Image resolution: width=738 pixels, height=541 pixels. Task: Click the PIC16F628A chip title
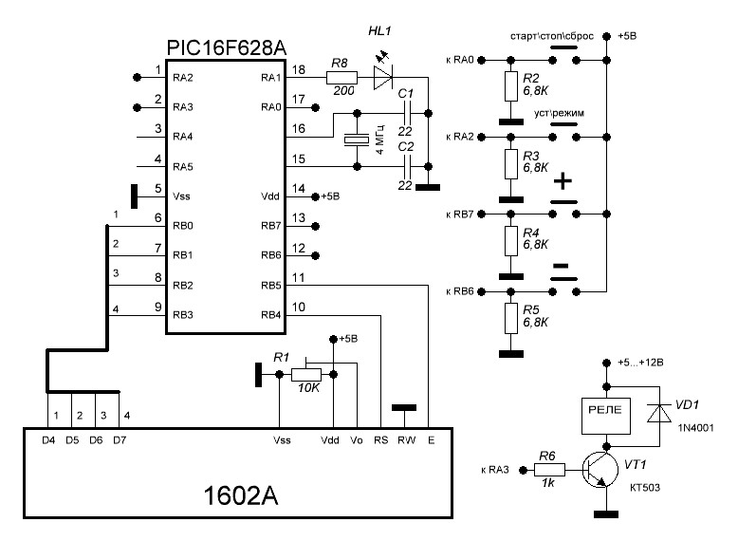(228, 47)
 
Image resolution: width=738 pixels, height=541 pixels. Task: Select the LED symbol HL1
(382, 78)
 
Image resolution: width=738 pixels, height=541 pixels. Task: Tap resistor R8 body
(339, 78)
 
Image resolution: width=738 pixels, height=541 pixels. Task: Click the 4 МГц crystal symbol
(357, 138)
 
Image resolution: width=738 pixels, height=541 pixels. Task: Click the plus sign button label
(563, 179)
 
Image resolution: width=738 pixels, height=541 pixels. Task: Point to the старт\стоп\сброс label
(552, 35)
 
